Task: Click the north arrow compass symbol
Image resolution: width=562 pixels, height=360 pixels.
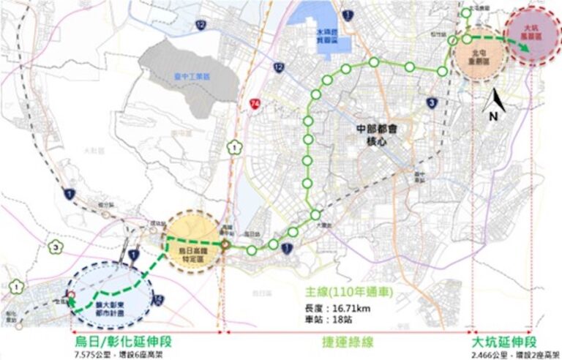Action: pyautogui.click(x=495, y=107)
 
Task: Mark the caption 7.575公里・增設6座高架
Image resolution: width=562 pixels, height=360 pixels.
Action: pyautogui.click(x=117, y=354)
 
